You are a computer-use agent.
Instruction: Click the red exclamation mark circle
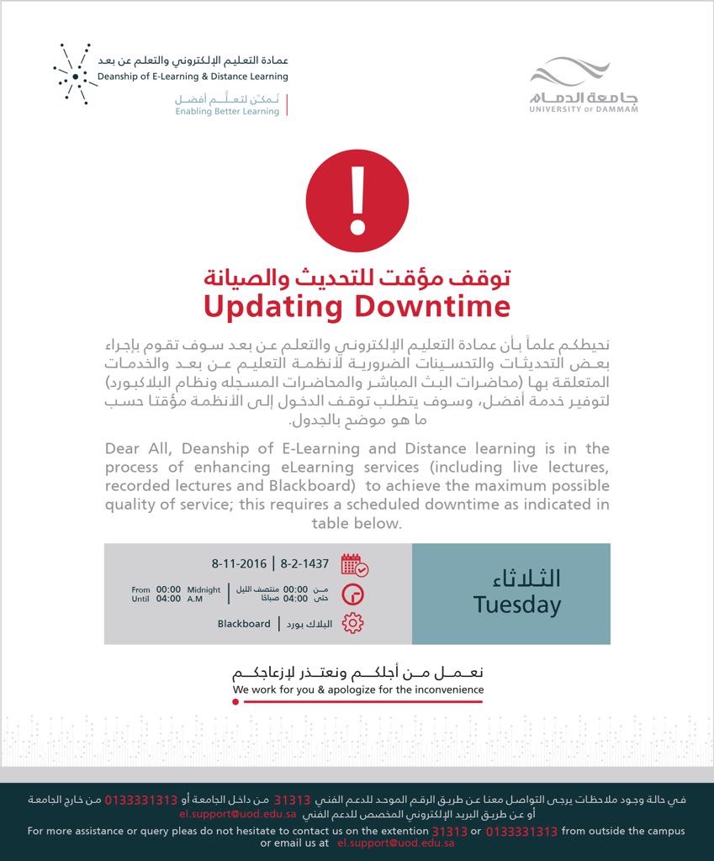pyautogui.click(x=357, y=201)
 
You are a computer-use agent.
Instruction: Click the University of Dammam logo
pyautogui.click(x=584, y=85)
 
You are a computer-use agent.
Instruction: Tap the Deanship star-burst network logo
pyautogui.click(x=74, y=74)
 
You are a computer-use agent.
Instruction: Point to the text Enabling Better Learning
pyautogui.click(x=226, y=111)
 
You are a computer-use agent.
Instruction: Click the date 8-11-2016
pyautogui.click(x=239, y=563)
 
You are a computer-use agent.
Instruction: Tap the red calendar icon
pyautogui.click(x=354, y=564)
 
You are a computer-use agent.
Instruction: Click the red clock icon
pyautogui.click(x=353, y=594)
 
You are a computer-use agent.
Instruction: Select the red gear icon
pyautogui.click(x=353, y=624)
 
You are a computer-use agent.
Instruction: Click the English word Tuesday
pyautogui.click(x=516, y=605)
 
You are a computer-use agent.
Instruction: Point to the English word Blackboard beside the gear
pyautogui.click(x=244, y=624)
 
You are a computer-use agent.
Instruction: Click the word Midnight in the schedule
pyautogui.click(x=204, y=589)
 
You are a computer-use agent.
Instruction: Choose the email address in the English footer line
pyautogui.click(x=396, y=843)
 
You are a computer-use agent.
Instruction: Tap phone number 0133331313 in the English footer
pyautogui.click(x=521, y=831)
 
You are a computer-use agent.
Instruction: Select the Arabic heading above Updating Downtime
pyautogui.click(x=357, y=277)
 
